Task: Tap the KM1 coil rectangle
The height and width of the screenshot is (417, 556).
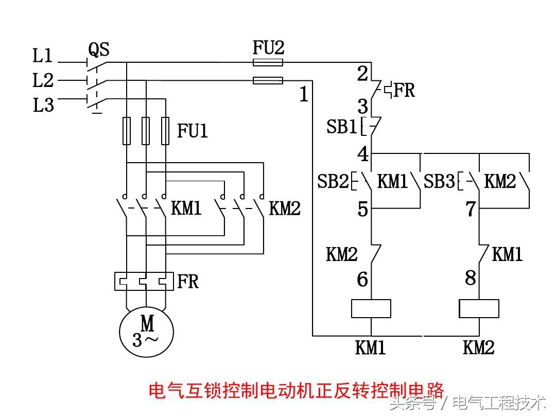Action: pos(371,308)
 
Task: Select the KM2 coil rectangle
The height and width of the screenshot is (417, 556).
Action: pos(479,308)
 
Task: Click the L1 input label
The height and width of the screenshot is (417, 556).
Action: pos(43,56)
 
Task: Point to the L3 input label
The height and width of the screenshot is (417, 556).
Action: pos(43,106)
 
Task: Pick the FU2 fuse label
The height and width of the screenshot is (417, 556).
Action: pos(268,48)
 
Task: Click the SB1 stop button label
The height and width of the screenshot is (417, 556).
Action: pos(341,127)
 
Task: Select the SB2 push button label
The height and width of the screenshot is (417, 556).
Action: pos(333,182)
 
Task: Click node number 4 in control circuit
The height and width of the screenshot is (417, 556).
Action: pos(363,154)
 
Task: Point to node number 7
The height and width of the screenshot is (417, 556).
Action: pos(471,210)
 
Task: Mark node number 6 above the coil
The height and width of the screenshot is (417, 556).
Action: pos(362,280)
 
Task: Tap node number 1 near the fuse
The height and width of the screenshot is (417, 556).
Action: pos(304,94)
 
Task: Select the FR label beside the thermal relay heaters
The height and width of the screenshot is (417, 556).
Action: pos(188,282)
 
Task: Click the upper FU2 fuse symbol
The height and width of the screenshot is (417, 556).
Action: pos(268,62)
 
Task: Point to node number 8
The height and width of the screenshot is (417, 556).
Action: pos(471,278)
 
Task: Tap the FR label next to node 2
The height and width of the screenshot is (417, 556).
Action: pos(405,90)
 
